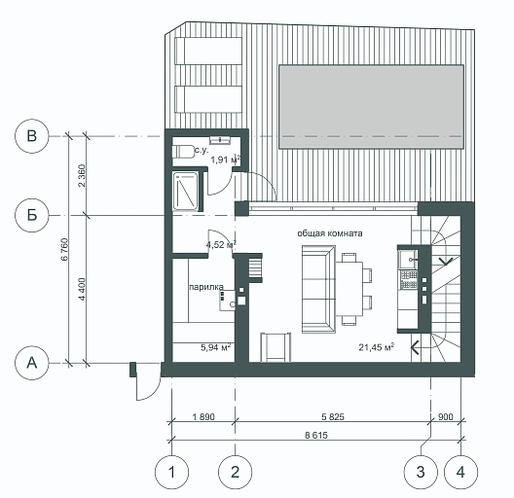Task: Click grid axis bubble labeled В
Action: click(x=32, y=136)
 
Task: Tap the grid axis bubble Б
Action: click(x=32, y=215)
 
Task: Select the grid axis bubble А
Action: click(x=32, y=363)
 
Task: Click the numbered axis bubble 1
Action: click(x=171, y=472)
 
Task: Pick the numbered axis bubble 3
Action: click(x=421, y=472)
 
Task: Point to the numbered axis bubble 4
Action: click(x=460, y=472)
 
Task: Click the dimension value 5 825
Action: click(x=333, y=416)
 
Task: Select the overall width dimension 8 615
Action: click(x=316, y=435)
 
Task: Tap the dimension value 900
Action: click(x=446, y=416)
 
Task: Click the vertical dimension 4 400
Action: click(x=82, y=289)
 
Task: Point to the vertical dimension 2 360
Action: click(x=82, y=176)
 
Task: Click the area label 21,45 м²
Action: click(x=377, y=347)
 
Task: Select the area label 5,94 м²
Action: click(x=216, y=347)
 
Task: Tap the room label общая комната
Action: click(x=330, y=233)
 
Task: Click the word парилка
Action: click(x=206, y=287)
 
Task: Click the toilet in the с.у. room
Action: click(x=184, y=152)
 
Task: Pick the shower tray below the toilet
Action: click(x=185, y=191)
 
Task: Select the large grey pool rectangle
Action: click(x=372, y=107)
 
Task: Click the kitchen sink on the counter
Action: click(x=408, y=259)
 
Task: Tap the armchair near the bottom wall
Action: click(x=275, y=347)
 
